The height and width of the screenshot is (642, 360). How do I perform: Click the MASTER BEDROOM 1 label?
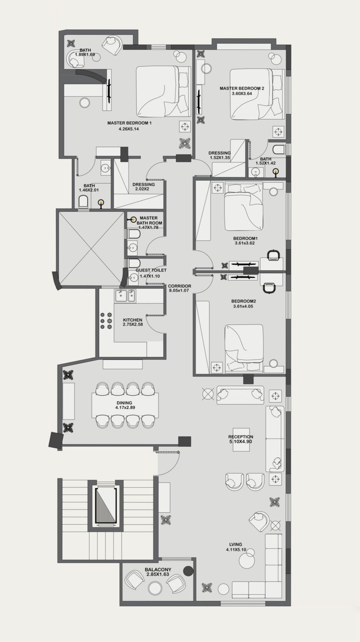[x=129, y=123]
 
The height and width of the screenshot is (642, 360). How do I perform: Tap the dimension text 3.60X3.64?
[x=242, y=93]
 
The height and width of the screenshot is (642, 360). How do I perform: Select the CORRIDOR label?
[x=180, y=286]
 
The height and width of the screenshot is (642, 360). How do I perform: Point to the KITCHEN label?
[x=133, y=320]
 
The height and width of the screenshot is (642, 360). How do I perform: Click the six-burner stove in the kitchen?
[x=106, y=321]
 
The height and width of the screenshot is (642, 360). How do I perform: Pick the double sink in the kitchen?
[x=125, y=296]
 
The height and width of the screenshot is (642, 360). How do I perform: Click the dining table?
[x=125, y=405]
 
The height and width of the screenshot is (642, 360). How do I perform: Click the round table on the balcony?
[x=155, y=589]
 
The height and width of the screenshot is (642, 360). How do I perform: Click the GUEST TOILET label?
[x=151, y=270]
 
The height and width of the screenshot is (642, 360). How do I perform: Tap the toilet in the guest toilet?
[x=134, y=263]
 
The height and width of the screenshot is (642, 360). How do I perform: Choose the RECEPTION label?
[x=241, y=437]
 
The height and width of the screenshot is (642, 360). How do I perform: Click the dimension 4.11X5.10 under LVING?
[x=236, y=549]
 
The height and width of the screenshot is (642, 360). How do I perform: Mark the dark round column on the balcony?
[x=189, y=571]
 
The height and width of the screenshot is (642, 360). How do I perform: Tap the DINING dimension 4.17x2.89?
[x=125, y=407]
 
